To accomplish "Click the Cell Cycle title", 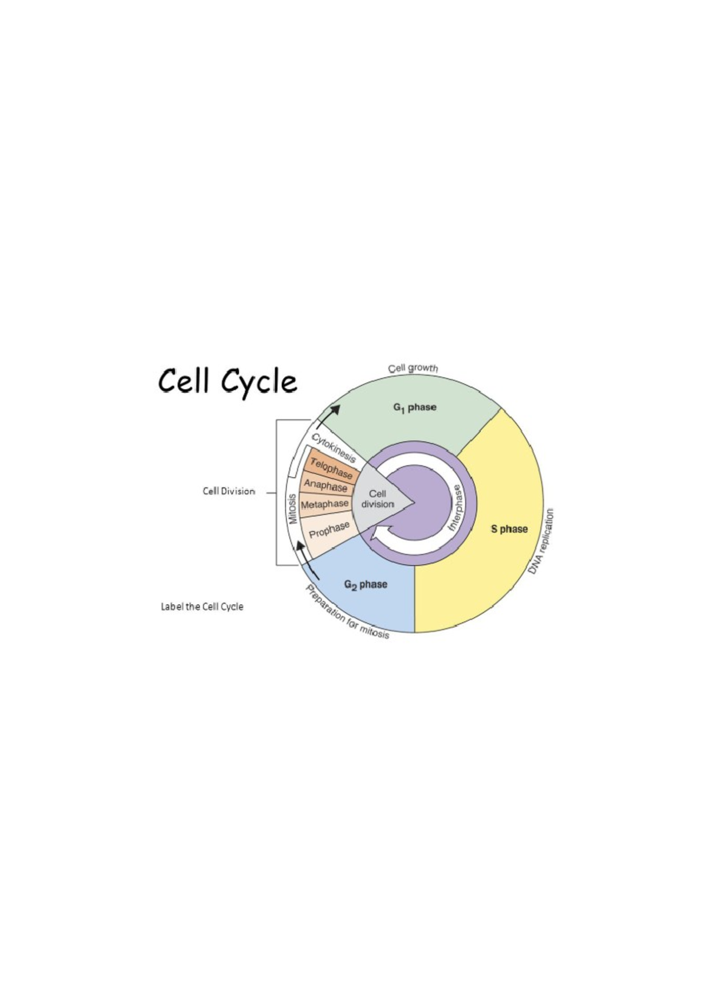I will [227, 381].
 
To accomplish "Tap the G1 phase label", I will [415, 407].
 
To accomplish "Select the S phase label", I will [509, 529].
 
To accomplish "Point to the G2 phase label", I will [365, 584].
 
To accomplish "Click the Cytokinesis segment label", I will [334, 448].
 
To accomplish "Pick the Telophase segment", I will [331, 469].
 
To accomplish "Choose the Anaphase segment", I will [325, 486].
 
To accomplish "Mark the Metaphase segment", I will [324, 504].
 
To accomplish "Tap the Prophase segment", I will [329, 529].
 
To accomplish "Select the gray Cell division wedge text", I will [378, 499].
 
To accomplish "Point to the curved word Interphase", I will [456, 508].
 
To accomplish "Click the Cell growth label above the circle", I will [413, 368].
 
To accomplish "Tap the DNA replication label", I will [541, 542].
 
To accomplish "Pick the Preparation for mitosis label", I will [347, 613].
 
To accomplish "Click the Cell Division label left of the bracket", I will [229, 491].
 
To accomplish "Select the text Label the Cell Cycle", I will [202, 606].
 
